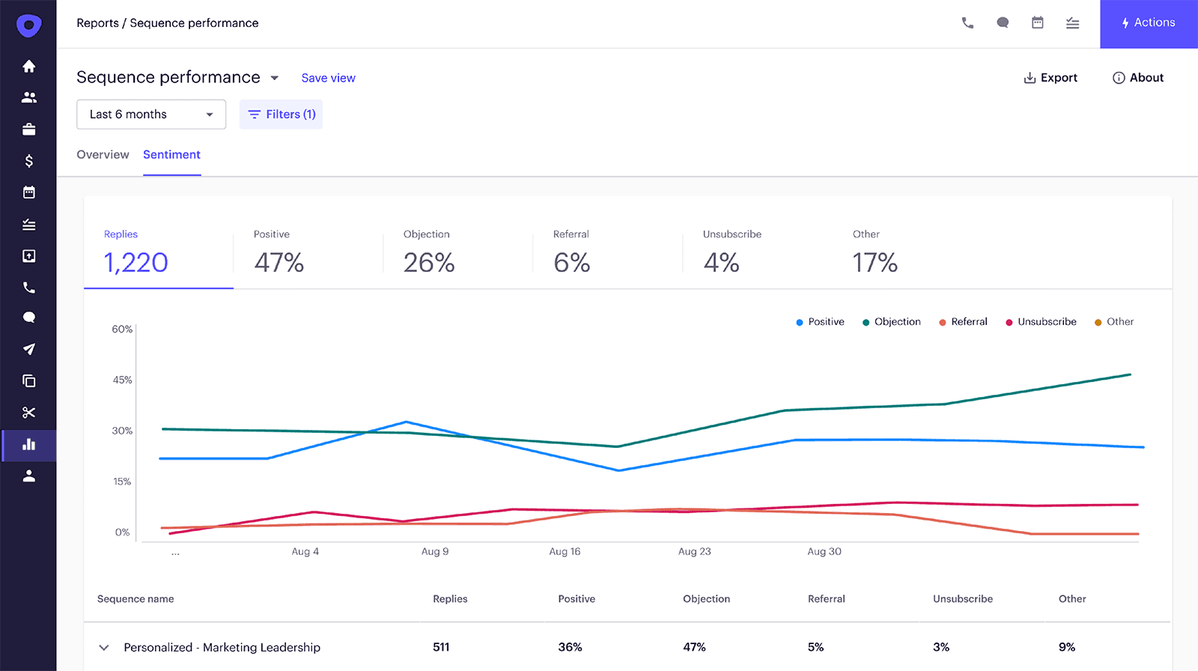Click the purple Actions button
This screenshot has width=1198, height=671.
pyautogui.click(x=1148, y=23)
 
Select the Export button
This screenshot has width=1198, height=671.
pyautogui.click(x=1050, y=78)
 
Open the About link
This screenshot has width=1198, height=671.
pyautogui.click(x=1138, y=78)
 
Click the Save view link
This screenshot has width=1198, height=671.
pyautogui.click(x=328, y=78)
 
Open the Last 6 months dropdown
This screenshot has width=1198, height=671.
pyautogui.click(x=151, y=115)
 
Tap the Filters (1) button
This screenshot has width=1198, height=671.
pyautogui.click(x=281, y=115)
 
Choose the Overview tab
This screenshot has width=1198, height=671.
pyautogui.click(x=103, y=154)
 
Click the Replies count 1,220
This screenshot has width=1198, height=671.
pyautogui.click(x=136, y=263)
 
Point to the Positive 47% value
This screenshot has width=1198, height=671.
pyautogui.click(x=279, y=263)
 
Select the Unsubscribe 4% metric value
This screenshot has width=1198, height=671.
pyautogui.click(x=721, y=263)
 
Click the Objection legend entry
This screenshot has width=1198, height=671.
pyautogui.click(x=892, y=322)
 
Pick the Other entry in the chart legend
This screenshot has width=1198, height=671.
pyautogui.click(x=1114, y=322)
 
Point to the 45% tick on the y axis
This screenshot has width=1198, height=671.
pyautogui.click(x=122, y=380)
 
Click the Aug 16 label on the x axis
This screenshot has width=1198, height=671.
pyautogui.click(x=565, y=552)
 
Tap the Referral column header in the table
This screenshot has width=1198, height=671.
pyautogui.click(x=826, y=599)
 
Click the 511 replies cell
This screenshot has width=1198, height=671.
pyautogui.click(x=441, y=647)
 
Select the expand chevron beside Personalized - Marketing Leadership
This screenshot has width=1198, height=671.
pyautogui.click(x=104, y=648)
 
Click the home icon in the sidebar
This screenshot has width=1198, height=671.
pyautogui.click(x=29, y=67)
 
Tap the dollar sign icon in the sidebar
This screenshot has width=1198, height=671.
pyautogui.click(x=29, y=161)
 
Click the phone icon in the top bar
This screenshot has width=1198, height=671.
pyautogui.click(x=967, y=23)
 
